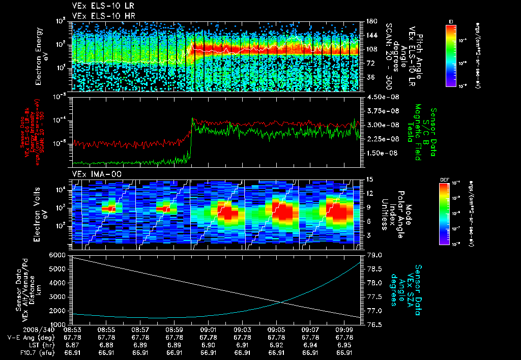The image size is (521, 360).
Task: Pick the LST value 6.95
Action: pos(344,345)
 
